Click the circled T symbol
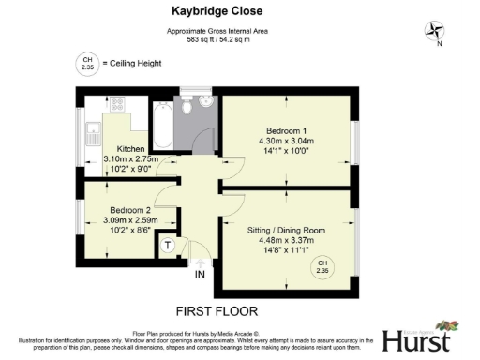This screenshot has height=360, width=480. coord(168,246)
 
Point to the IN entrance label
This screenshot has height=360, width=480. coord(200,275)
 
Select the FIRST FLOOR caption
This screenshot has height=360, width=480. coord(217,310)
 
